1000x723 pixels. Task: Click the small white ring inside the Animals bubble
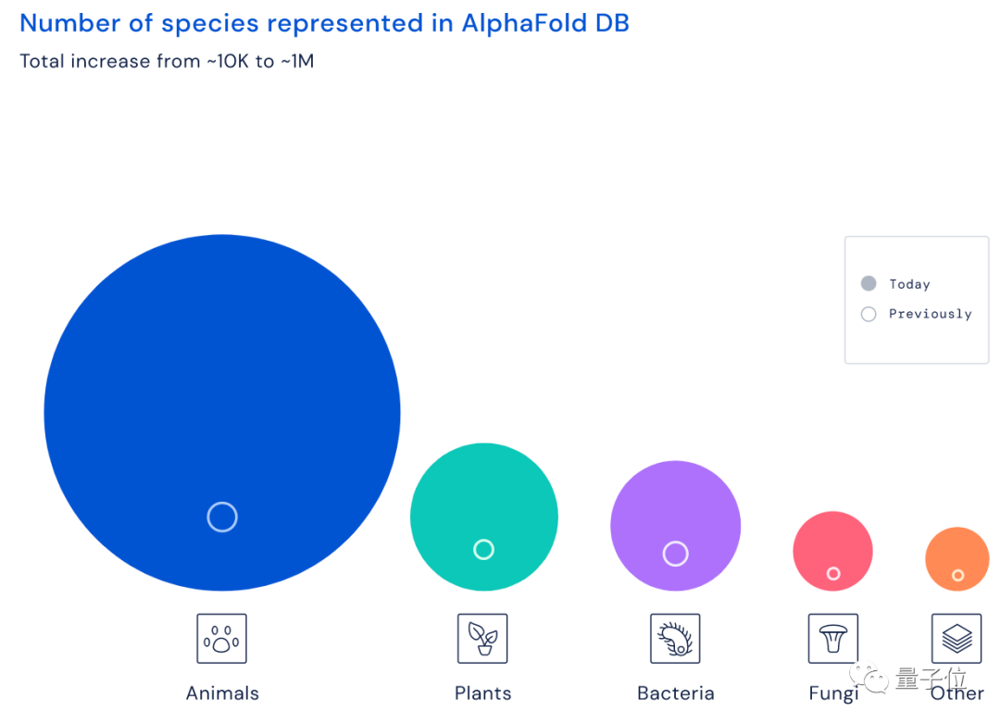pos(222,517)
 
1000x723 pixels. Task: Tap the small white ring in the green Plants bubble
pos(483,550)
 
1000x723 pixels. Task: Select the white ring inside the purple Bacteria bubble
pos(676,554)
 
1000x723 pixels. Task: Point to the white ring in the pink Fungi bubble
pos(833,574)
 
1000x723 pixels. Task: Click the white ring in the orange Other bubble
pos(957,576)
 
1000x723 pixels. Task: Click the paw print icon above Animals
pos(221,638)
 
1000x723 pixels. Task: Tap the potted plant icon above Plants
pos(482,638)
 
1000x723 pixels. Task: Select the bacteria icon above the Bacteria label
pos(675,638)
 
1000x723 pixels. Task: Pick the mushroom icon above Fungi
pos(833,638)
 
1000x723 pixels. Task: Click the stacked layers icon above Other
pos(956,638)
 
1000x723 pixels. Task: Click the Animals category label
pos(222,693)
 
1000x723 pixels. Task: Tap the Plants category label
pos(482,693)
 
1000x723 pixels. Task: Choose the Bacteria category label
pos(676,693)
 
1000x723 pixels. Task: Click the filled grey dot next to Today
pos(869,284)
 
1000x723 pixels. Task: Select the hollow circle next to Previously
pos(869,314)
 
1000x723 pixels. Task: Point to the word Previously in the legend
pos(930,314)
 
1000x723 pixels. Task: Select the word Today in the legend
pos(909,284)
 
